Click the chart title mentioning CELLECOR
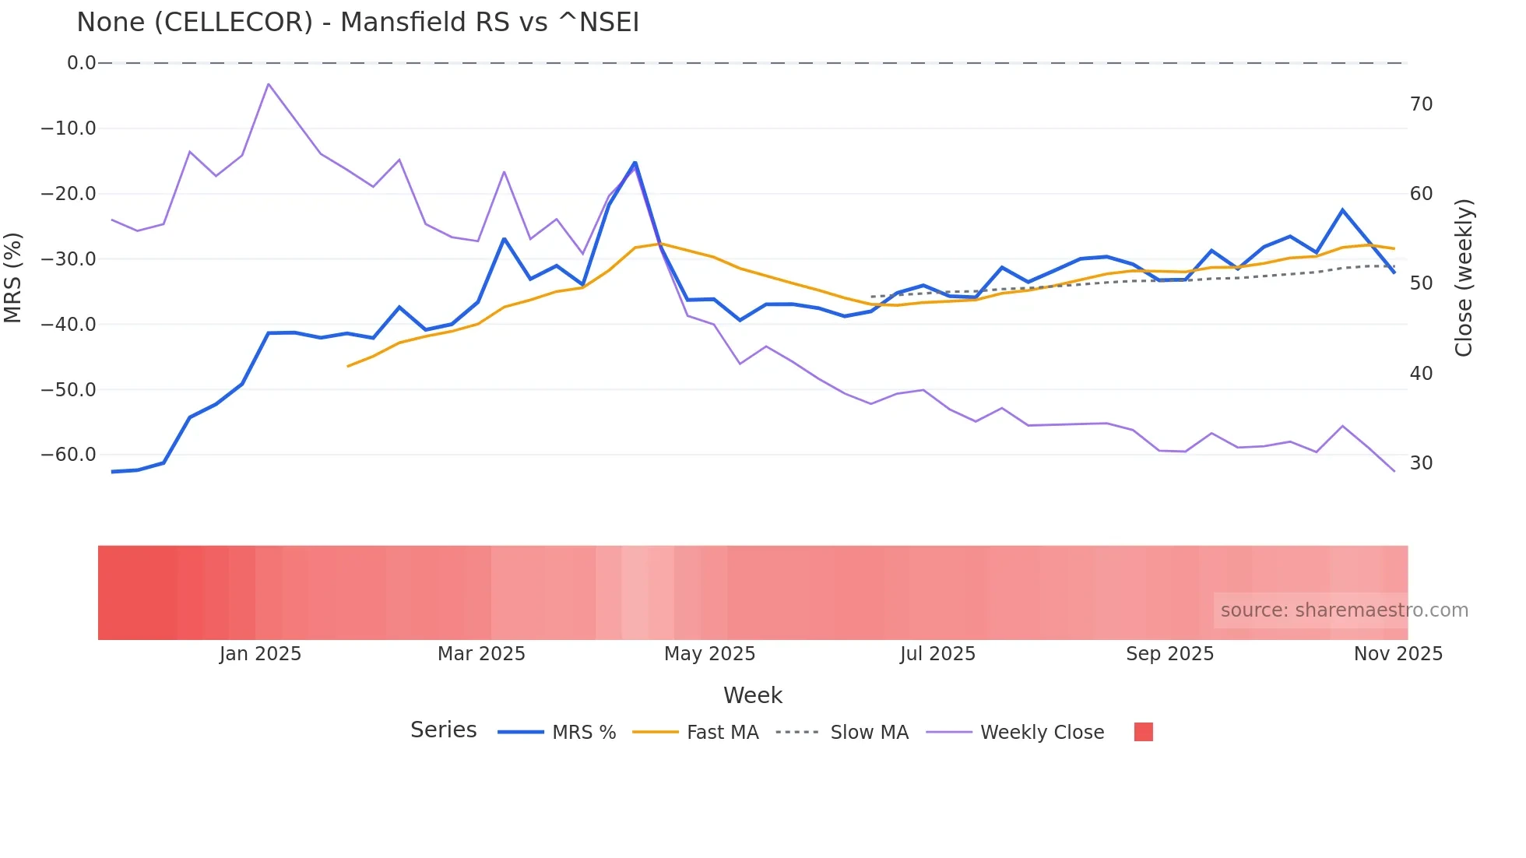(x=357, y=23)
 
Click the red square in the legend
(x=1143, y=732)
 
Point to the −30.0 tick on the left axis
(x=69, y=258)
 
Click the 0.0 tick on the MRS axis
(x=81, y=63)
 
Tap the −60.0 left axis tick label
(x=69, y=454)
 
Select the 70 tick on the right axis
(x=1421, y=104)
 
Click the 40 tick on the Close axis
(x=1421, y=374)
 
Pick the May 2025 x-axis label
(x=709, y=654)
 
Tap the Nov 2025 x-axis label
(x=1398, y=654)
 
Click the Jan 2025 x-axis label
(x=260, y=654)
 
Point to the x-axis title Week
(x=752, y=695)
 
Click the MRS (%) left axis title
(x=13, y=277)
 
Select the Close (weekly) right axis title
(x=1464, y=278)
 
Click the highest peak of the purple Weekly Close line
(x=269, y=84)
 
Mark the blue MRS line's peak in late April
(x=635, y=163)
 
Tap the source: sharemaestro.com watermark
(x=1344, y=610)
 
